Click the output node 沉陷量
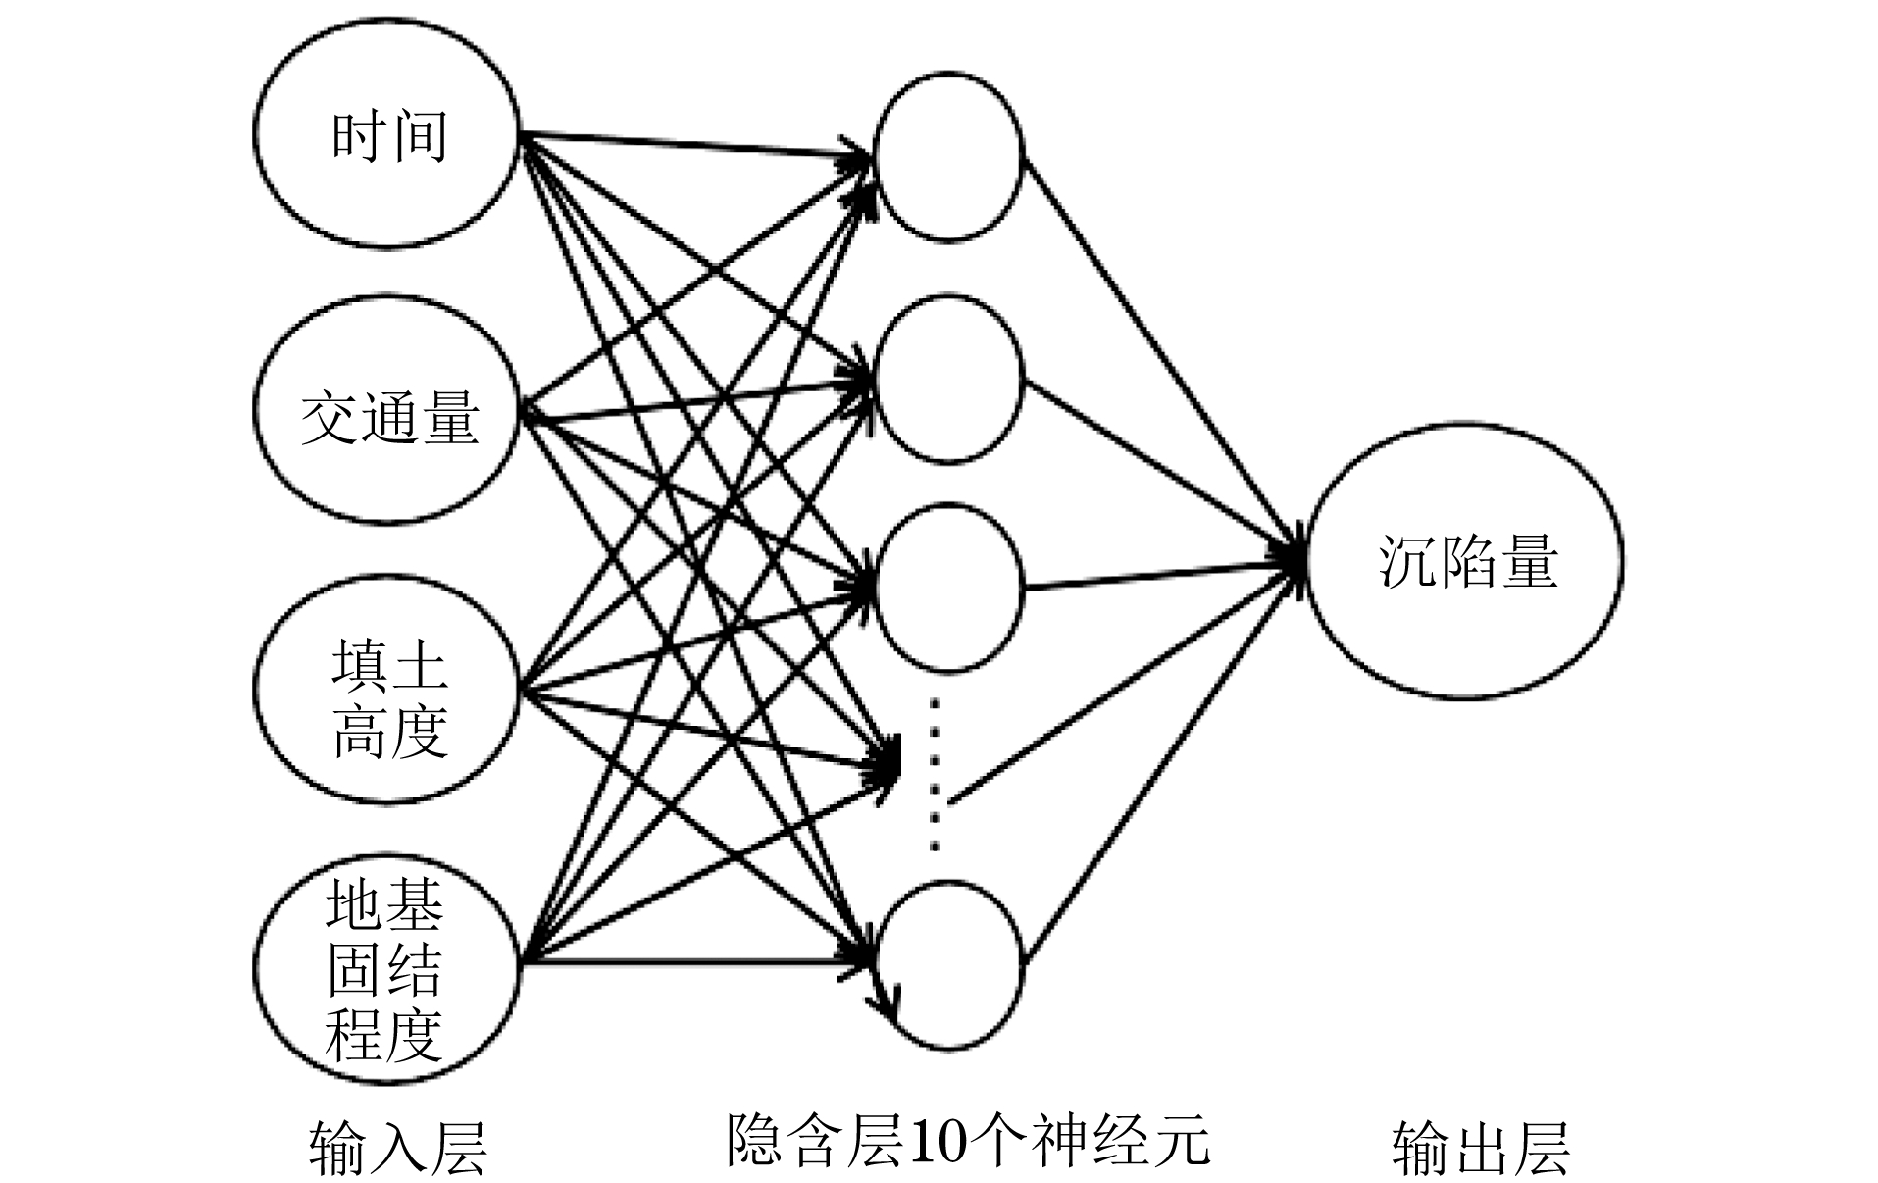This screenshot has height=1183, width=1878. coord(1464,561)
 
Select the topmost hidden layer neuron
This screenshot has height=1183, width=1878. coord(948,155)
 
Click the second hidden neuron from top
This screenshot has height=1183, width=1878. coord(948,379)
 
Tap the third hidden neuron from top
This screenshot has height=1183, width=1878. coord(948,587)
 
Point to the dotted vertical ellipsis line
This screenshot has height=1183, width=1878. coord(936,775)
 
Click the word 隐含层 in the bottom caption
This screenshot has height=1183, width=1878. coord(814,1141)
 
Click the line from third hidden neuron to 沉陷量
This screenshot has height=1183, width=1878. coord(1157,577)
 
